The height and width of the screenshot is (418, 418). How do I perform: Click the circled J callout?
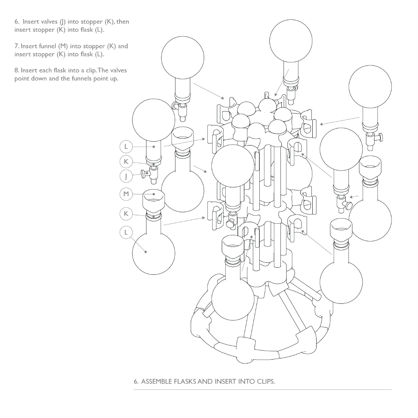[126, 176]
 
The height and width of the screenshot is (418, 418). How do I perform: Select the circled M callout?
[126, 194]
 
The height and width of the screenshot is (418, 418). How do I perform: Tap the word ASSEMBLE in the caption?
[156, 382]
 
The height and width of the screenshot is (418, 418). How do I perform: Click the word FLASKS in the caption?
[185, 382]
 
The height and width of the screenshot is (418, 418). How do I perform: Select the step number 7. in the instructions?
[17, 46]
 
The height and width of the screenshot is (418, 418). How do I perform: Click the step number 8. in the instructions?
[17, 70]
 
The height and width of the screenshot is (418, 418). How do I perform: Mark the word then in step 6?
[123, 22]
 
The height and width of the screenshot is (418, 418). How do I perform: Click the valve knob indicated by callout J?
[145, 174]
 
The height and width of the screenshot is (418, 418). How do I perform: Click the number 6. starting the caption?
[136, 382]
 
